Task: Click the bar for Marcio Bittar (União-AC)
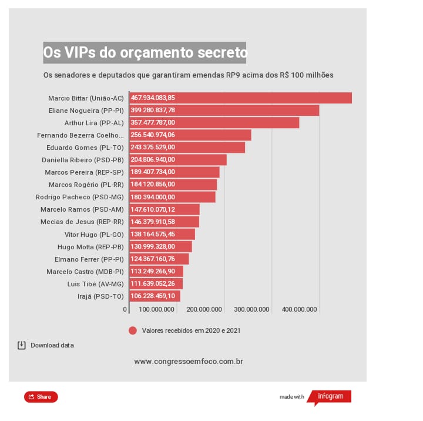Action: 241,98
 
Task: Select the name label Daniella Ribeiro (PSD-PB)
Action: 83,159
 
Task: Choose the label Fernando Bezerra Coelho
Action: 80,135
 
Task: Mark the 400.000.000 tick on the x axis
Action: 299,309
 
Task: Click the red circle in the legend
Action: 133,330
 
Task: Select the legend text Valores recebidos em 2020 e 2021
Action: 191,330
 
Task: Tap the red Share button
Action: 41,397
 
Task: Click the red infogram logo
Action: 330,397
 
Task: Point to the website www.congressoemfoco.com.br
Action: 189,362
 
